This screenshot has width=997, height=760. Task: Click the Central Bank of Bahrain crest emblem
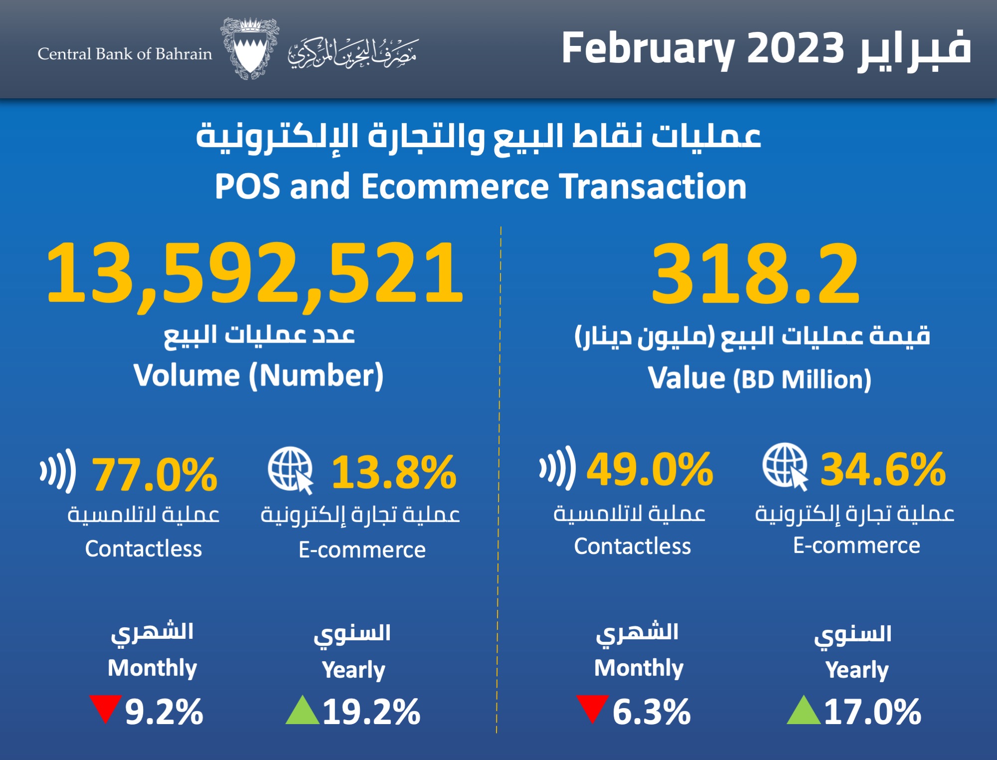[x=249, y=49]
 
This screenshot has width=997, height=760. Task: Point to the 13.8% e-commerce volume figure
[x=394, y=472]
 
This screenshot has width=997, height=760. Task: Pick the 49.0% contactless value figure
[x=650, y=470]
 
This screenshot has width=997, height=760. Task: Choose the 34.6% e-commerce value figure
[x=883, y=470]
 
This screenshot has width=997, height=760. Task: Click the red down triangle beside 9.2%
[x=106, y=707]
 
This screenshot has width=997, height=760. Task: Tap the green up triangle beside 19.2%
[x=303, y=711]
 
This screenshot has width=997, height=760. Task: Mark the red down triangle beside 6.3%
[x=592, y=707]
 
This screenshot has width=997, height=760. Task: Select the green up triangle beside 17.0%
[x=803, y=711]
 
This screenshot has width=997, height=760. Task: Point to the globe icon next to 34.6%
[x=785, y=466]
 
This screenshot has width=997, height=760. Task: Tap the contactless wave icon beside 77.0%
[x=58, y=470]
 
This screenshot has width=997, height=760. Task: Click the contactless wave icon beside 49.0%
[x=557, y=467]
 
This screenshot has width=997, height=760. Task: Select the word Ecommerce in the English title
[x=455, y=187]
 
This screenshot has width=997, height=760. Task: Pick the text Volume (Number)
[x=258, y=376]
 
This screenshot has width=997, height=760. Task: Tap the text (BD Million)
[x=802, y=380]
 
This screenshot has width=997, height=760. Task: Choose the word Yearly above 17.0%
[x=857, y=670]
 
